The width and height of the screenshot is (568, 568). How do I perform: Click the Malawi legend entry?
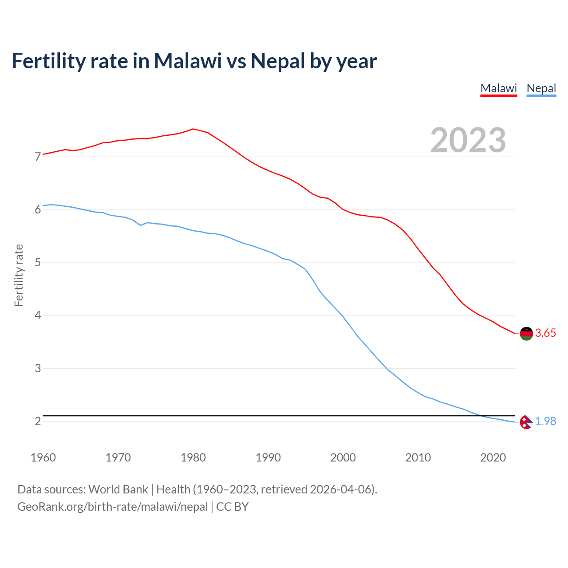pos(499,88)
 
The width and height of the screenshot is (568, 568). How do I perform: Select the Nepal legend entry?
pos(541,88)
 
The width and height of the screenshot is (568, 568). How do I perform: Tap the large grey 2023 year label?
pos(468,140)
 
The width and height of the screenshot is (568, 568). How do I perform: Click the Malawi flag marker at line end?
pos(526,333)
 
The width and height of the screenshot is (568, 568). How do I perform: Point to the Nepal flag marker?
pos(526,422)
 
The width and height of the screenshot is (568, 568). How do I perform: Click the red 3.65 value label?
pos(545,333)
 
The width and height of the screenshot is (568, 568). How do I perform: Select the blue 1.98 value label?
pos(545,422)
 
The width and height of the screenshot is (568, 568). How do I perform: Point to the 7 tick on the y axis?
pos(38,157)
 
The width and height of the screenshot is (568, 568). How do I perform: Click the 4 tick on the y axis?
pos(38,316)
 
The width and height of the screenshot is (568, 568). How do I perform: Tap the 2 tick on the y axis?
pos(38,422)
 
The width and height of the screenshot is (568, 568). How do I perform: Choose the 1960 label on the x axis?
pos(43,458)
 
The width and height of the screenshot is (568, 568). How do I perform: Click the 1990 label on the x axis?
pos(268,458)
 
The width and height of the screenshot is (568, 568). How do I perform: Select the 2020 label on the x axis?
pos(493,458)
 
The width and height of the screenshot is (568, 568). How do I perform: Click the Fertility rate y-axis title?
pos(19,275)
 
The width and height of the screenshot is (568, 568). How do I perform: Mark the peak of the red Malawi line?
pos(193,129)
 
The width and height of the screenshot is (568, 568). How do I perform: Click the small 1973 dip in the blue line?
pos(140,225)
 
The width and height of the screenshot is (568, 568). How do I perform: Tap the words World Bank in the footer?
pos(118,489)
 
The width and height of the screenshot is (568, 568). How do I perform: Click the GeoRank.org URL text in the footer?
pos(112,507)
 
